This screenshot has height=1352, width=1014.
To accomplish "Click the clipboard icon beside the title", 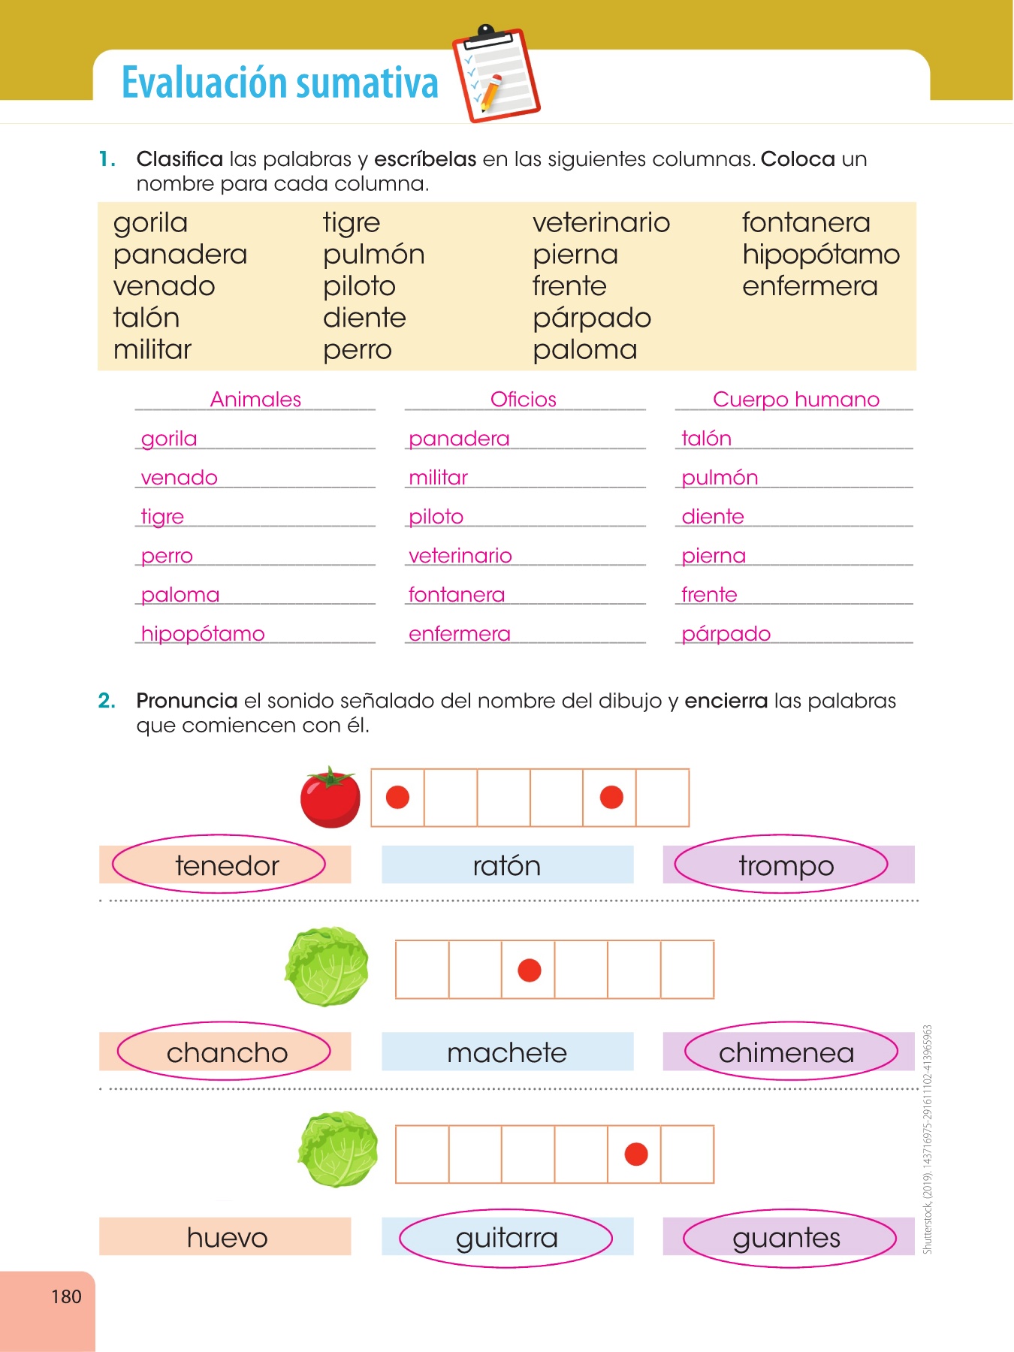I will click(496, 75).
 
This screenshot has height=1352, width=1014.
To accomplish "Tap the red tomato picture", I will click(330, 798).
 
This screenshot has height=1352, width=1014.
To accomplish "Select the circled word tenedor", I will click(227, 865).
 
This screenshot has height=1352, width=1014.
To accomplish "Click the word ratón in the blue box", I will click(507, 865).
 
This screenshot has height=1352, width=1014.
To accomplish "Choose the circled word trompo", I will click(786, 865).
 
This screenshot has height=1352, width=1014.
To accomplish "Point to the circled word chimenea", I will click(786, 1052).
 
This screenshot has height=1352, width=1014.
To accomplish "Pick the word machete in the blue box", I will click(507, 1052).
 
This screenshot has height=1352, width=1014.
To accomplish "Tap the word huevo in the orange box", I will click(227, 1237).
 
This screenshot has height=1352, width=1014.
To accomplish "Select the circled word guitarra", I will click(507, 1237).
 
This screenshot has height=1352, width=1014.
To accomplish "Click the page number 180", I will click(66, 1296).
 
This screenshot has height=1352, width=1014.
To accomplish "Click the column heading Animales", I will click(255, 400).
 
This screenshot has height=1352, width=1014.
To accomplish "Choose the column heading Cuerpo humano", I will click(796, 400).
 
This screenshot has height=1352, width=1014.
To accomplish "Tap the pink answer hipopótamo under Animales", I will click(203, 634).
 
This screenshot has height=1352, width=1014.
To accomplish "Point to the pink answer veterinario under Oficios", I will click(460, 556).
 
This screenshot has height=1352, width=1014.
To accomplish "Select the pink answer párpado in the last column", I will click(726, 634).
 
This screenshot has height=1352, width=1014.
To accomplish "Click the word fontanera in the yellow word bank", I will click(806, 223).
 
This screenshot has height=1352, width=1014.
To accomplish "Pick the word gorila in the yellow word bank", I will click(150, 223).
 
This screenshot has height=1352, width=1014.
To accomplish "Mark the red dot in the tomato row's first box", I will click(397, 797).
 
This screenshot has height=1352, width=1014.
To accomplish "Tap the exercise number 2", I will click(107, 701).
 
